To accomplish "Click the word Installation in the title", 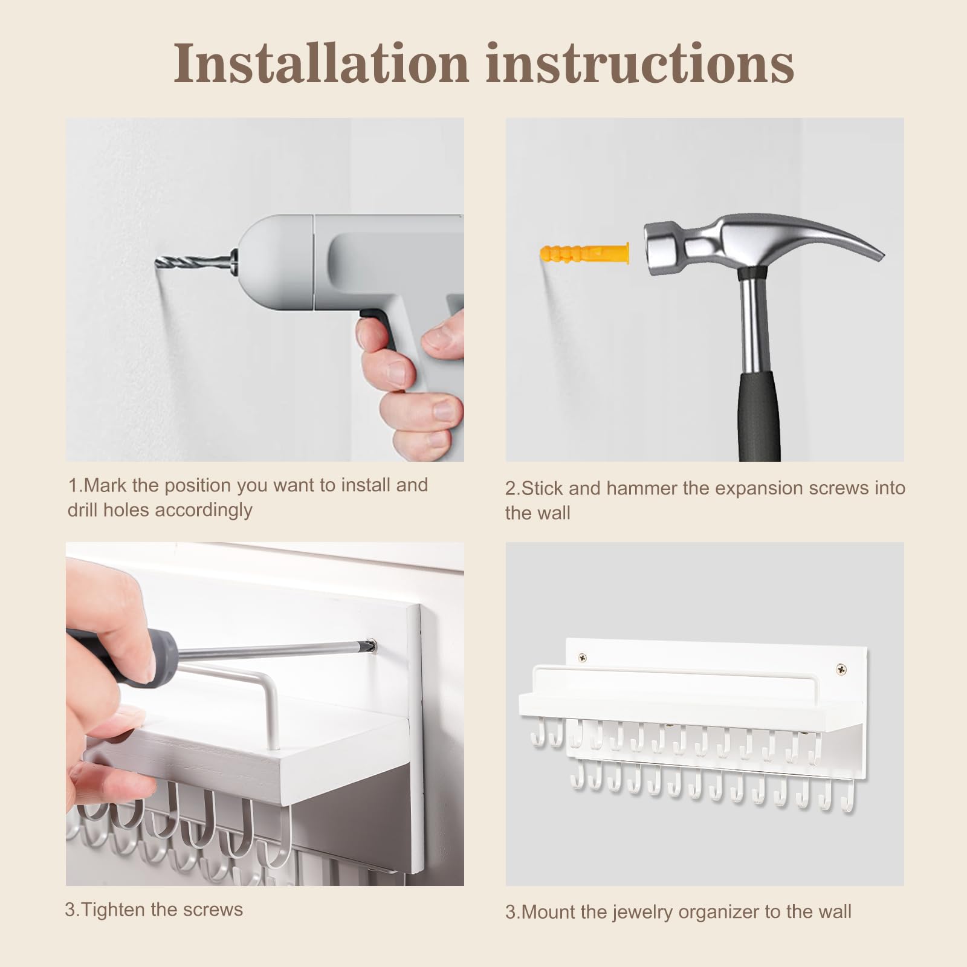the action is (x=321, y=63).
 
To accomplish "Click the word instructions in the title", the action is (x=640, y=63).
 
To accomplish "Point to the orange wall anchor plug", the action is (x=584, y=253).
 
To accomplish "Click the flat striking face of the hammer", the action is (x=654, y=248).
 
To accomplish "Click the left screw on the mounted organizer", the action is (x=583, y=658).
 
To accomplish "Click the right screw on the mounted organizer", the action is (x=841, y=669).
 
